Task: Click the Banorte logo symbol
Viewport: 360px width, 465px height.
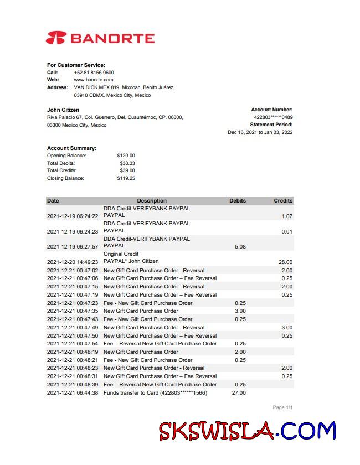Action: click(56, 38)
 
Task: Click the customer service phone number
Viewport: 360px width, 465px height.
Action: click(94, 73)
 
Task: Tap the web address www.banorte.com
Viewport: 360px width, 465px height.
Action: click(93, 80)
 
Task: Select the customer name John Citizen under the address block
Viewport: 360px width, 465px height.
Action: click(63, 110)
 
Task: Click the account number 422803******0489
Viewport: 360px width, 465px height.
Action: click(273, 117)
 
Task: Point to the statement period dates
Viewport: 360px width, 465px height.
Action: click(260, 132)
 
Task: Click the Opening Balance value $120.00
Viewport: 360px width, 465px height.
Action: click(126, 156)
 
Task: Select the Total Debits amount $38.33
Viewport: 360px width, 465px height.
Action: click(127, 163)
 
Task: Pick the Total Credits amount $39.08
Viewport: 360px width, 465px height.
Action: click(127, 170)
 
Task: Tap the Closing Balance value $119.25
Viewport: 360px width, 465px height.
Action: click(126, 178)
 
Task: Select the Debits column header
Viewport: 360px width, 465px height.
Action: click(238, 200)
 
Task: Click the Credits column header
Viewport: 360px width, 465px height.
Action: click(283, 200)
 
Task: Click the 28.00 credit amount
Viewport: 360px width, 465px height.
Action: click(285, 262)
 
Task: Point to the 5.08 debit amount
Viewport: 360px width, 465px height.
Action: click(240, 247)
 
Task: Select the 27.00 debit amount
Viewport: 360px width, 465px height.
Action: click(239, 392)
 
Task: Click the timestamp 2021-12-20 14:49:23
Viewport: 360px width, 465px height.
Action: click(73, 262)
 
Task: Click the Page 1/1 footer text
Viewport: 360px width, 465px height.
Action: click(282, 407)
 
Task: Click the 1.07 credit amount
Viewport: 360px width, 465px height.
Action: click(286, 216)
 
